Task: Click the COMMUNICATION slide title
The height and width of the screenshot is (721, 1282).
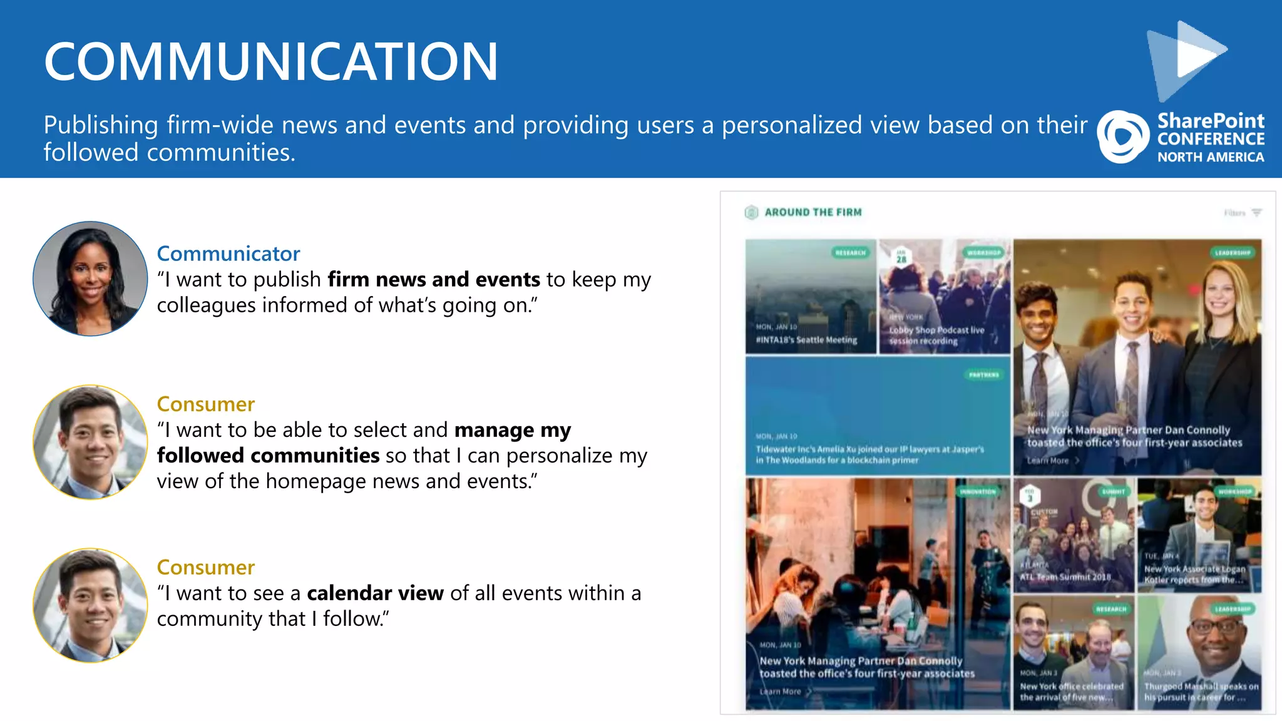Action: click(x=270, y=61)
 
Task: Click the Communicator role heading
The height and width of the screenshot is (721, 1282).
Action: click(x=228, y=253)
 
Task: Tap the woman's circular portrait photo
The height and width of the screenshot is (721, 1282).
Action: click(x=90, y=279)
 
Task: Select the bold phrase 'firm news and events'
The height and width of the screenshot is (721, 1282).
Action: click(x=434, y=279)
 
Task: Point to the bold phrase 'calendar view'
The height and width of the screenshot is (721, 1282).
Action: click(x=375, y=593)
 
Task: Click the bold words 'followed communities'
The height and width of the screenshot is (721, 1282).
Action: click(x=268, y=456)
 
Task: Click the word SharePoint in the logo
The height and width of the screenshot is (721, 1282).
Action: click(x=1210, y=120)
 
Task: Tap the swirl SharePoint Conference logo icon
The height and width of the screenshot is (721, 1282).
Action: click(x=1122, y=136)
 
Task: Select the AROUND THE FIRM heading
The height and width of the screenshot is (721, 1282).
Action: click(x=813, y=213)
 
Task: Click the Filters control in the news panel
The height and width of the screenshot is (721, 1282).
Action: click(x=1242, y=213)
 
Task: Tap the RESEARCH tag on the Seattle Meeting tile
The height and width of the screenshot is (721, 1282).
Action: click(x=850, y=253)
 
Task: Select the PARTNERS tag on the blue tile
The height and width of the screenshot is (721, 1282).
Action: click(x=983, y=375)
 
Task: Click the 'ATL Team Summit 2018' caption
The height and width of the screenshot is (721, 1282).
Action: click(x=1065, y=577)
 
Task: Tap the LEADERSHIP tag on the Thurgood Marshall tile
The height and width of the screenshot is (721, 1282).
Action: click(x=1232, y=609)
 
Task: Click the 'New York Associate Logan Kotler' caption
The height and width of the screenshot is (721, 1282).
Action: click(x=1194, y=575)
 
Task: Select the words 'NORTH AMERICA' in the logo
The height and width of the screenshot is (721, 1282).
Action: click(x=1210, y=157)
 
